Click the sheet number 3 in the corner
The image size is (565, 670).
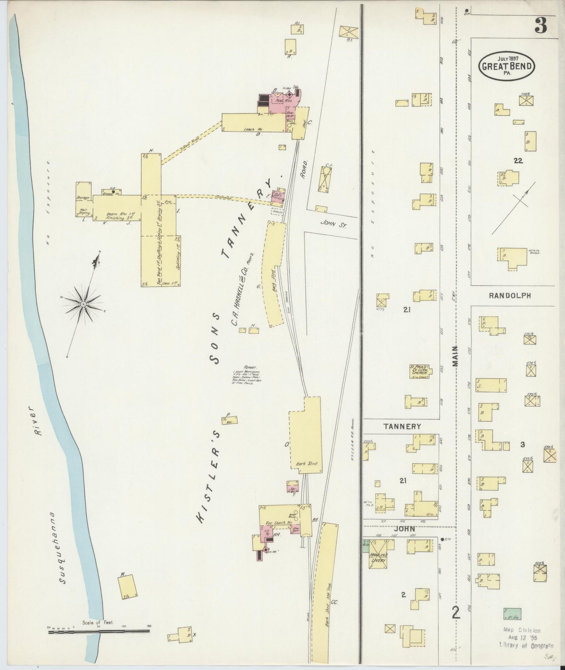click(x=542, y=26)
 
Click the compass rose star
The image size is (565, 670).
click(x=83, y=303)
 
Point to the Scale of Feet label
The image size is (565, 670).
click(x=98, y=622)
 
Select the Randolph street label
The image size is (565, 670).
click(x=509, y=296)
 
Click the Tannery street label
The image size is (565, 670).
click(x=402, y=426)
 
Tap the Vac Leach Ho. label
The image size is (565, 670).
click(x=279, y=522)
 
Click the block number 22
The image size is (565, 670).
click(x=518, y=160)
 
